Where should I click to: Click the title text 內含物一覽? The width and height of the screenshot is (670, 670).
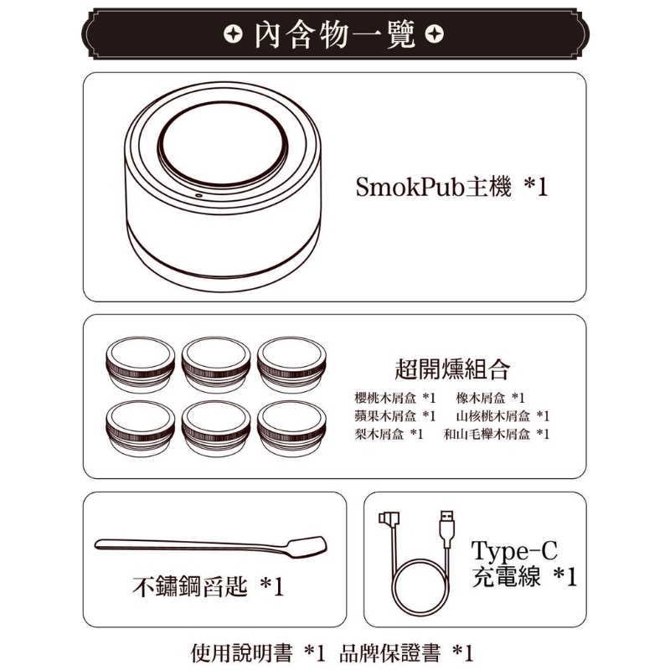pos(334,34)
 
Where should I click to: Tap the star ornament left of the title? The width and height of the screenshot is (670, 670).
pos(233,34)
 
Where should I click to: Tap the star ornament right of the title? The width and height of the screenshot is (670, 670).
pos(435,34)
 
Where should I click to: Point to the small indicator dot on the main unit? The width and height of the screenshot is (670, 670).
pos(198,196)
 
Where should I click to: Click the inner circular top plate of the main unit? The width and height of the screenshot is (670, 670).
pos(223,144)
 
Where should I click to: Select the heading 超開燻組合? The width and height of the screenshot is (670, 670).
pos(452,369)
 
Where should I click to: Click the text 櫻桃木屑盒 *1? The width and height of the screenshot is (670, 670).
pos(395,399)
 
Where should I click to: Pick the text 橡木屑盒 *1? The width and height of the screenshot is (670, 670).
pos(491,399)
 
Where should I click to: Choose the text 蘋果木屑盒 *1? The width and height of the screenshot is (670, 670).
pos(395,416)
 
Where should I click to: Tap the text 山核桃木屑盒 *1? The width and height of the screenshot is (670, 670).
pos(503,416)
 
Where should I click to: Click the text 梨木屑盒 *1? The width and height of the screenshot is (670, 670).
pos(389,435)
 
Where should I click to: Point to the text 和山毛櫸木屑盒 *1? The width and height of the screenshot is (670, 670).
pos(497,435)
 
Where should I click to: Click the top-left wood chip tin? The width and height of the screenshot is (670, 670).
pos(140,364)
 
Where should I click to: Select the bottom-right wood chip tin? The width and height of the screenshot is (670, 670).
pos(291,429)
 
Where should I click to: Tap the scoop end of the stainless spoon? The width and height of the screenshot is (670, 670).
pos(307,547)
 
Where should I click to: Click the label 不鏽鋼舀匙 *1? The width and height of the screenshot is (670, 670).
pos(208,586)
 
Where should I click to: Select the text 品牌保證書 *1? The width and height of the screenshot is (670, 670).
pos(407,653)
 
